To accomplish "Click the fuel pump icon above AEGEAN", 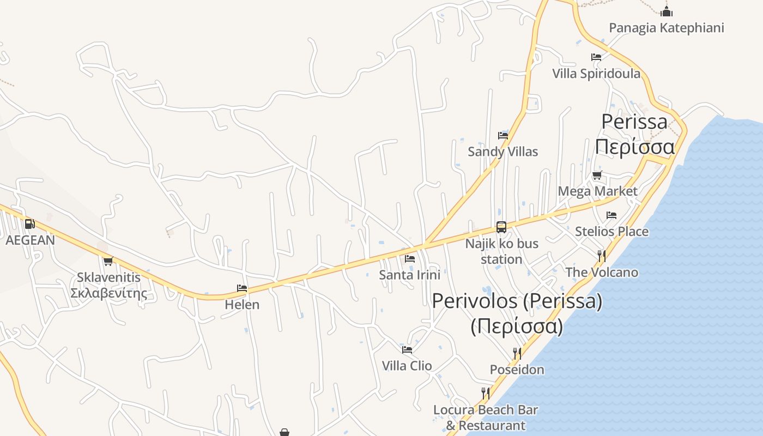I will (29, 223).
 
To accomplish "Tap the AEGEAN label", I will (30, 240).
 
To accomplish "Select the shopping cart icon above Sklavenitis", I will (108, 261).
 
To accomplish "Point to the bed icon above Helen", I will (242, 288).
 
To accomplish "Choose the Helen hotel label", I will (242, 304).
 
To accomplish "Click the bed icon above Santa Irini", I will (410, 258).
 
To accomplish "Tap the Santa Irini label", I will (409, 275).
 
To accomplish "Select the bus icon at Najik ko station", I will (501, 227).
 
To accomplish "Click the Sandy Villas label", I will (502, 152).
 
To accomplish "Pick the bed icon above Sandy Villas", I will (502, 135).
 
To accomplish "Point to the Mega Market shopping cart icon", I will (597, 175).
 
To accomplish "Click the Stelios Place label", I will (611, 231).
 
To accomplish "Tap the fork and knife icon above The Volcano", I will (602, 256).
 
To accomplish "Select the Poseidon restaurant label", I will (517, 370).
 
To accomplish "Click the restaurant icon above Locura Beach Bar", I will (485, 393).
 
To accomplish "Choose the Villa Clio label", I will (407, 366).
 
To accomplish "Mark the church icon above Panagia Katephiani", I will (666, 11).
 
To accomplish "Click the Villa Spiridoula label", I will (596, 73).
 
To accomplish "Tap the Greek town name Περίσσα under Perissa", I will (634, 147).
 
